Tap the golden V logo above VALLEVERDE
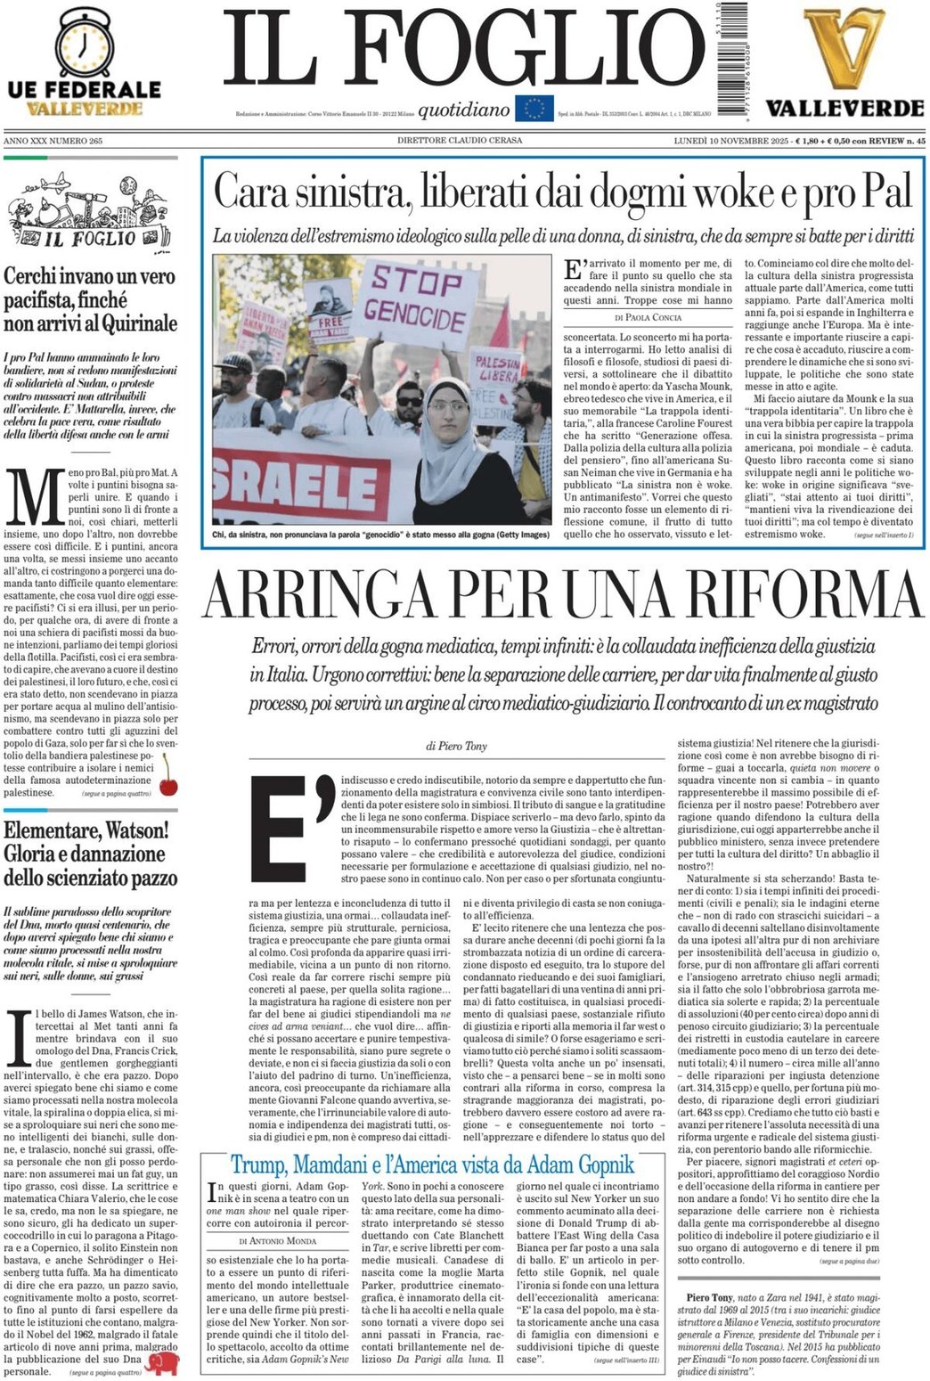pyautogui.click(x=842, y=49)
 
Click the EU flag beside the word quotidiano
pyautogui.click(x=534, y=109)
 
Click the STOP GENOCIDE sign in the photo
pyautogui.click(x=418, y=298)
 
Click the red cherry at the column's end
pyautogui.click(x=167, y=777)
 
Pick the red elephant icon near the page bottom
pyautogui.click(x=164, y=1364)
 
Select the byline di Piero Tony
pyautogui.click(x=456, y=746)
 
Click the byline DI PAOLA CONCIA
pyautogui.click(x=648, y=317)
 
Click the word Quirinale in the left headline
pyautogui.click(x=131, y=323)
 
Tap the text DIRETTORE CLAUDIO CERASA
pyautogui.click(x=460, y=141)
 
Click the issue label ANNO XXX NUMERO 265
pyautogui.click(x=53, y=141)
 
